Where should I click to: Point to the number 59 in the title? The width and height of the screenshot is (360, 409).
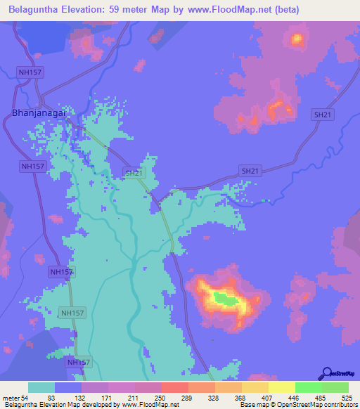[x=137, y=10]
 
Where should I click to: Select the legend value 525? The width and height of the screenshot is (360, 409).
[x=348, y=397]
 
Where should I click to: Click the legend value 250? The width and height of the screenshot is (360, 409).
[x=161, y=397]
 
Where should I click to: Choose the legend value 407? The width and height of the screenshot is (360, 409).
[x=268, y=397]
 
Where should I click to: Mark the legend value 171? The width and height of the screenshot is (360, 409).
[x=108, y=397]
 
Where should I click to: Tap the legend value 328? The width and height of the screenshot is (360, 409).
[x=214, y=397]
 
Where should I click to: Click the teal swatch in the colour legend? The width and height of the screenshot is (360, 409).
[x=41, y=387]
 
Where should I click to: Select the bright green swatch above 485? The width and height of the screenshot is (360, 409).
[x=308, y=387]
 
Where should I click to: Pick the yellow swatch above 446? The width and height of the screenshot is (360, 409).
[x=281, y=387]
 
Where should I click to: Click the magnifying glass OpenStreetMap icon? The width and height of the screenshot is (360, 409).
[x=326, y=372]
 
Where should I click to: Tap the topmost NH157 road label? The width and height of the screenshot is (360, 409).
[x=30, y=71]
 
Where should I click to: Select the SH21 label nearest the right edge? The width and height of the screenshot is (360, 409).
[x=323, y=114]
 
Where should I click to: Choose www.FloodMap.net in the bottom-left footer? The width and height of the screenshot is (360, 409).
[x=140, y=405]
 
